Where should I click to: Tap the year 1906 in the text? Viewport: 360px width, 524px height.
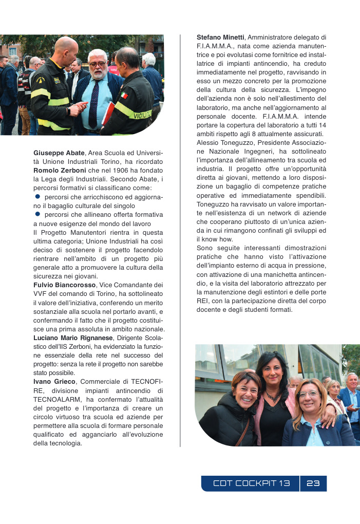[109, 170]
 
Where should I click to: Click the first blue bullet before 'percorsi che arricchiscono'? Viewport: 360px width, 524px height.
[37, 197]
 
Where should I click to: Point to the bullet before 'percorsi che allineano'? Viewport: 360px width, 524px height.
[37, 214]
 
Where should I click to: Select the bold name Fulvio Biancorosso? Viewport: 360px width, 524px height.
[64, 285]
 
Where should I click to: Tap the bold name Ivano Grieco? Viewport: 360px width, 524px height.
[54, 382]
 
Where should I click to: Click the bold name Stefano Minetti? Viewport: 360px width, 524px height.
[220, 38]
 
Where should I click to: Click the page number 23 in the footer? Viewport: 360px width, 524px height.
[313, 483]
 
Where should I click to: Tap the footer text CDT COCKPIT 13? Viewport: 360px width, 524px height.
[252, 483]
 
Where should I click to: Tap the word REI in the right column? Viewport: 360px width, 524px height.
[202, 301]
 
